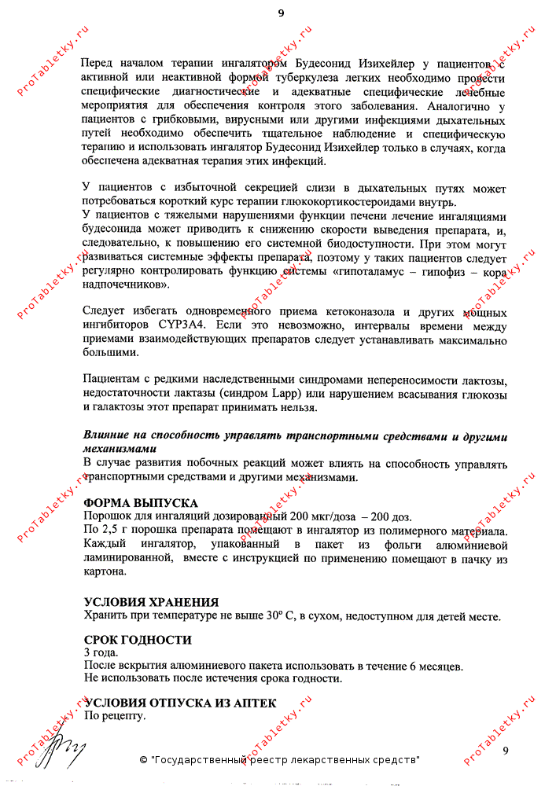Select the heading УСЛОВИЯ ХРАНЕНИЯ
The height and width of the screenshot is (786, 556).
pyautogui.click(x=151, y=602)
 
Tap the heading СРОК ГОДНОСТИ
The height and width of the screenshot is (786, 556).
pyautogui.click(x=138, y=641)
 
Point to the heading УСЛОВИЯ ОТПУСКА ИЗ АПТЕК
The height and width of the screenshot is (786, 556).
pyautogui.click(x=180, y=703)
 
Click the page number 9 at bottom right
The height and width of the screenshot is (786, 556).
pyautogui.click(x=506, y=751)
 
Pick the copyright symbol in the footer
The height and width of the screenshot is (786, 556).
pyautogui.click(x=143, y=761)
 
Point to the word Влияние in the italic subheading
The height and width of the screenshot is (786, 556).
pyautogui.click(x=108, y=436)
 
